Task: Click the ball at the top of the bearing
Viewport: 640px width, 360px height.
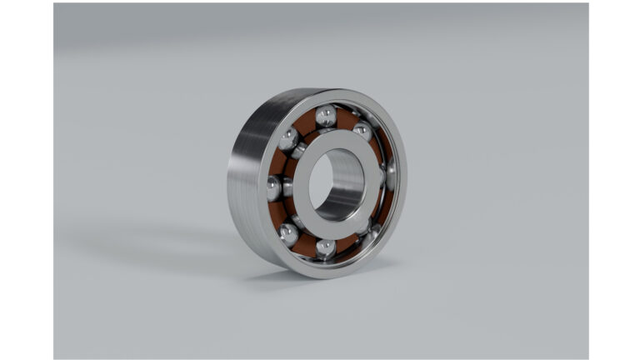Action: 326,116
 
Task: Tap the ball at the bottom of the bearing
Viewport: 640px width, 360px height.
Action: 326,248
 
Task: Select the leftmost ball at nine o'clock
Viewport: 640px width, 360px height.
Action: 274,188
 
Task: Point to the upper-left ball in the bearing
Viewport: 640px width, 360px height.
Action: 288,138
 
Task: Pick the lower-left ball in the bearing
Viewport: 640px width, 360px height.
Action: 289,233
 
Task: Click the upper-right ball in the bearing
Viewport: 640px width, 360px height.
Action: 362,132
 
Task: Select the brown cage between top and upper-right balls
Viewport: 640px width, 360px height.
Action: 345,118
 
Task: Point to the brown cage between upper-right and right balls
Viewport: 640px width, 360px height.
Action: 379,152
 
